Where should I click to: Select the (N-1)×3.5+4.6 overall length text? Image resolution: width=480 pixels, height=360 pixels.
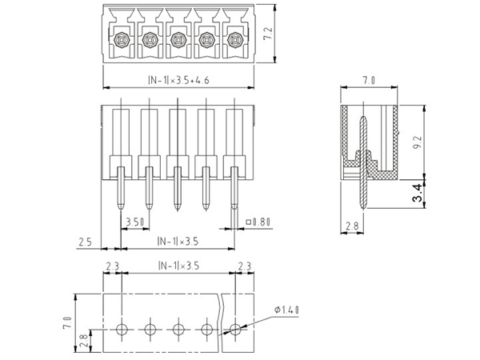click(179, 79)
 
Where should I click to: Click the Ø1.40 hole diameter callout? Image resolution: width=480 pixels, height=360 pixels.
click(286, 308)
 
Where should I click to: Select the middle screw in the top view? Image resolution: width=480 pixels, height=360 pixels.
click(178, 38)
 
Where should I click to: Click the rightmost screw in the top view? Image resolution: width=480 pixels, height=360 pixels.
click(234, 38)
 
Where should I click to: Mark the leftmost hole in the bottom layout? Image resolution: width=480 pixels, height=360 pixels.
click(122, 328)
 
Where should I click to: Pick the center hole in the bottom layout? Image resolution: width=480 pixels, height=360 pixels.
click(178, 328)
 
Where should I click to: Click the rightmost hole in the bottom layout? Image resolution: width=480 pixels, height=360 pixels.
click(235, 328)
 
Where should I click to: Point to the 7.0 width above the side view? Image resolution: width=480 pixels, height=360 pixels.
click(369, 80)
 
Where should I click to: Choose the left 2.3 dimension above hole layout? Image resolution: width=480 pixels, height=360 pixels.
click(113, 266)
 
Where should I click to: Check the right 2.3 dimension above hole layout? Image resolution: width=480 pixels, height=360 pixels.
click(245, 266)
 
